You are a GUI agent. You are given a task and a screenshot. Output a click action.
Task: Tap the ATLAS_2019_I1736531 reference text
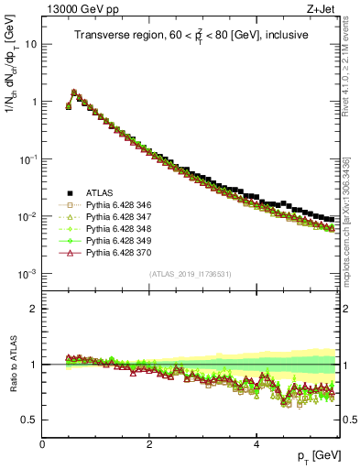tap(191, 274)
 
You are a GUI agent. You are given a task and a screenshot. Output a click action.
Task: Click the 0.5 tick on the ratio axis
tap(29, 420)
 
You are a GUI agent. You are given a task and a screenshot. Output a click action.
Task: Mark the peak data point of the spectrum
tap(74, 92)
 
